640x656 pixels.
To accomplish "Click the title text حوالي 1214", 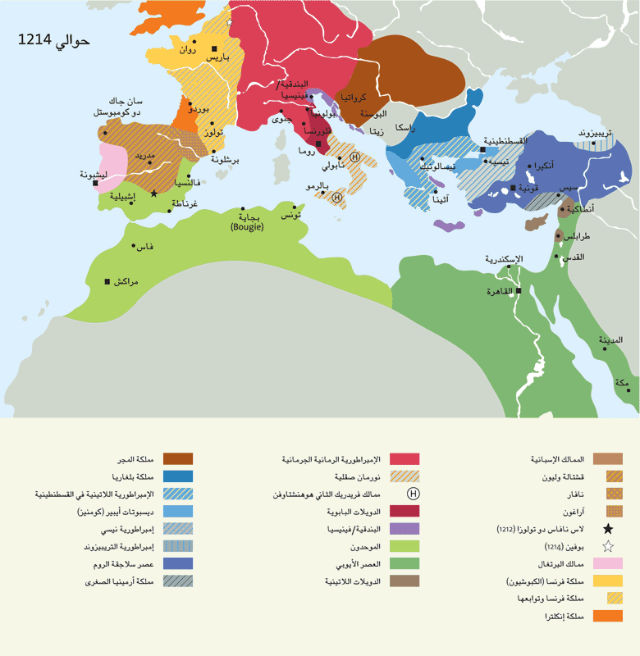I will (53, 41).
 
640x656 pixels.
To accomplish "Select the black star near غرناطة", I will (154, 194).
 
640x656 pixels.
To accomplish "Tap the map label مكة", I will (623, 383).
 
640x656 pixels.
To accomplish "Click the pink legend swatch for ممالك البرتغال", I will (608, 563).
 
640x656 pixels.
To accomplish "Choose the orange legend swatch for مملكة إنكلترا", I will (608, 616).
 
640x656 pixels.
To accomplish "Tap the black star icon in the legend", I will (608, 529).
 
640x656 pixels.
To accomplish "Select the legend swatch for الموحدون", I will (405, 545).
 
